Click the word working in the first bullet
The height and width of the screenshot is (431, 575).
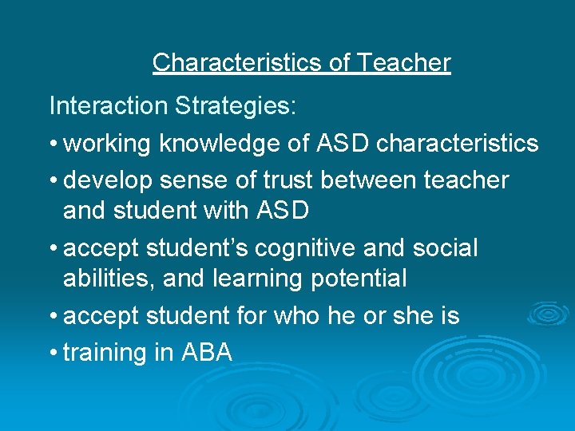108,144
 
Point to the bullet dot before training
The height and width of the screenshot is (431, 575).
53,352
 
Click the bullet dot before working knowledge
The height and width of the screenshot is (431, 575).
53,144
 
